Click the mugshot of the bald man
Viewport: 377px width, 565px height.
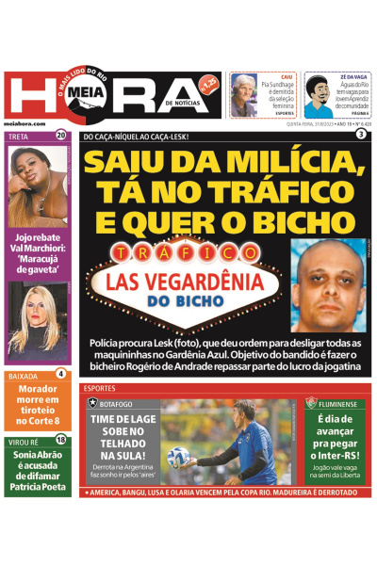click(326, 283)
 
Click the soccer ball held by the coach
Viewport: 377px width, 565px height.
click(179, 458)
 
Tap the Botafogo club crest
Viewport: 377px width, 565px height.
click(91, 402)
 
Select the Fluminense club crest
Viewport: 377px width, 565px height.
click(308, 402)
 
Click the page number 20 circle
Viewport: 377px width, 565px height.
click(61, 135)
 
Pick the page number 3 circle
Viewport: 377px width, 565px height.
click(361, 135)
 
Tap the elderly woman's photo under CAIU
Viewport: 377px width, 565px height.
click(244, 95)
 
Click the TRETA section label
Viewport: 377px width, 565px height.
click(19, 136)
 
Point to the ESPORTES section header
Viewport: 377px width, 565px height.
click(100, 388)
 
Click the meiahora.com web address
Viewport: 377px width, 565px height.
click(25, 122)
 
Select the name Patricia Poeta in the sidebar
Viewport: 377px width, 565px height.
click(37, 488)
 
